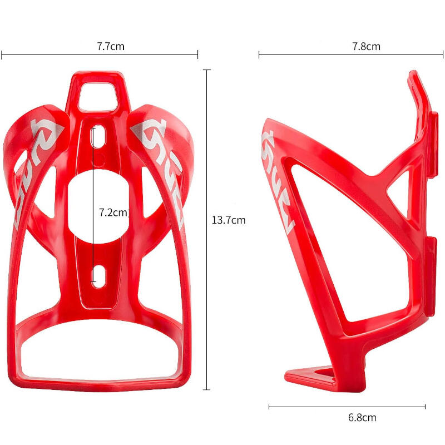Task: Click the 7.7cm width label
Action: click(x=111, y=46)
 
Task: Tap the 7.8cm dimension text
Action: click(x=366, y=46)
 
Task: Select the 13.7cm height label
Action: click(x=229, y=220)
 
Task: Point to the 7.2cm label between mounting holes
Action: click(x=113, y=212)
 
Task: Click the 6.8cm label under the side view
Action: click(x=362, y=418)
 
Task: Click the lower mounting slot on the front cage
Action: click(x=99, y=275)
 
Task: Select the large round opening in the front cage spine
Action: click(x=98, y=206)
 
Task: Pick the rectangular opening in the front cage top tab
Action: click(x=98, y=96)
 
